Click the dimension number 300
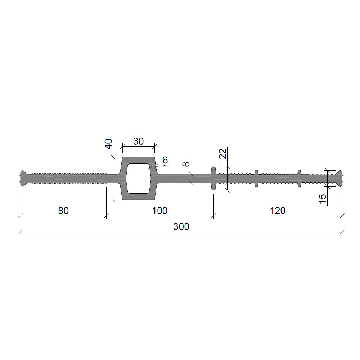pyautogui.click(x=181, y=226)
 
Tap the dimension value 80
pyautogui.click(x=63, y=211)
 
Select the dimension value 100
pyautogui.click(x=160, y=211)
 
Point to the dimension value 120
pyautogui.click(x=278, y=211)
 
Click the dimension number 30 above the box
pyautogui.click(x=139, y=141)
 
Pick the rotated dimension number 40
pyautogui.click(x=109, y=144)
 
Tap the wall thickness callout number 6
pyautogui.click(x=165, y=160)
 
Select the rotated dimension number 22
pyautogui.click(x=223, y=154)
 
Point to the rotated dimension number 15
pyautogui.click(x=323, y=199)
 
